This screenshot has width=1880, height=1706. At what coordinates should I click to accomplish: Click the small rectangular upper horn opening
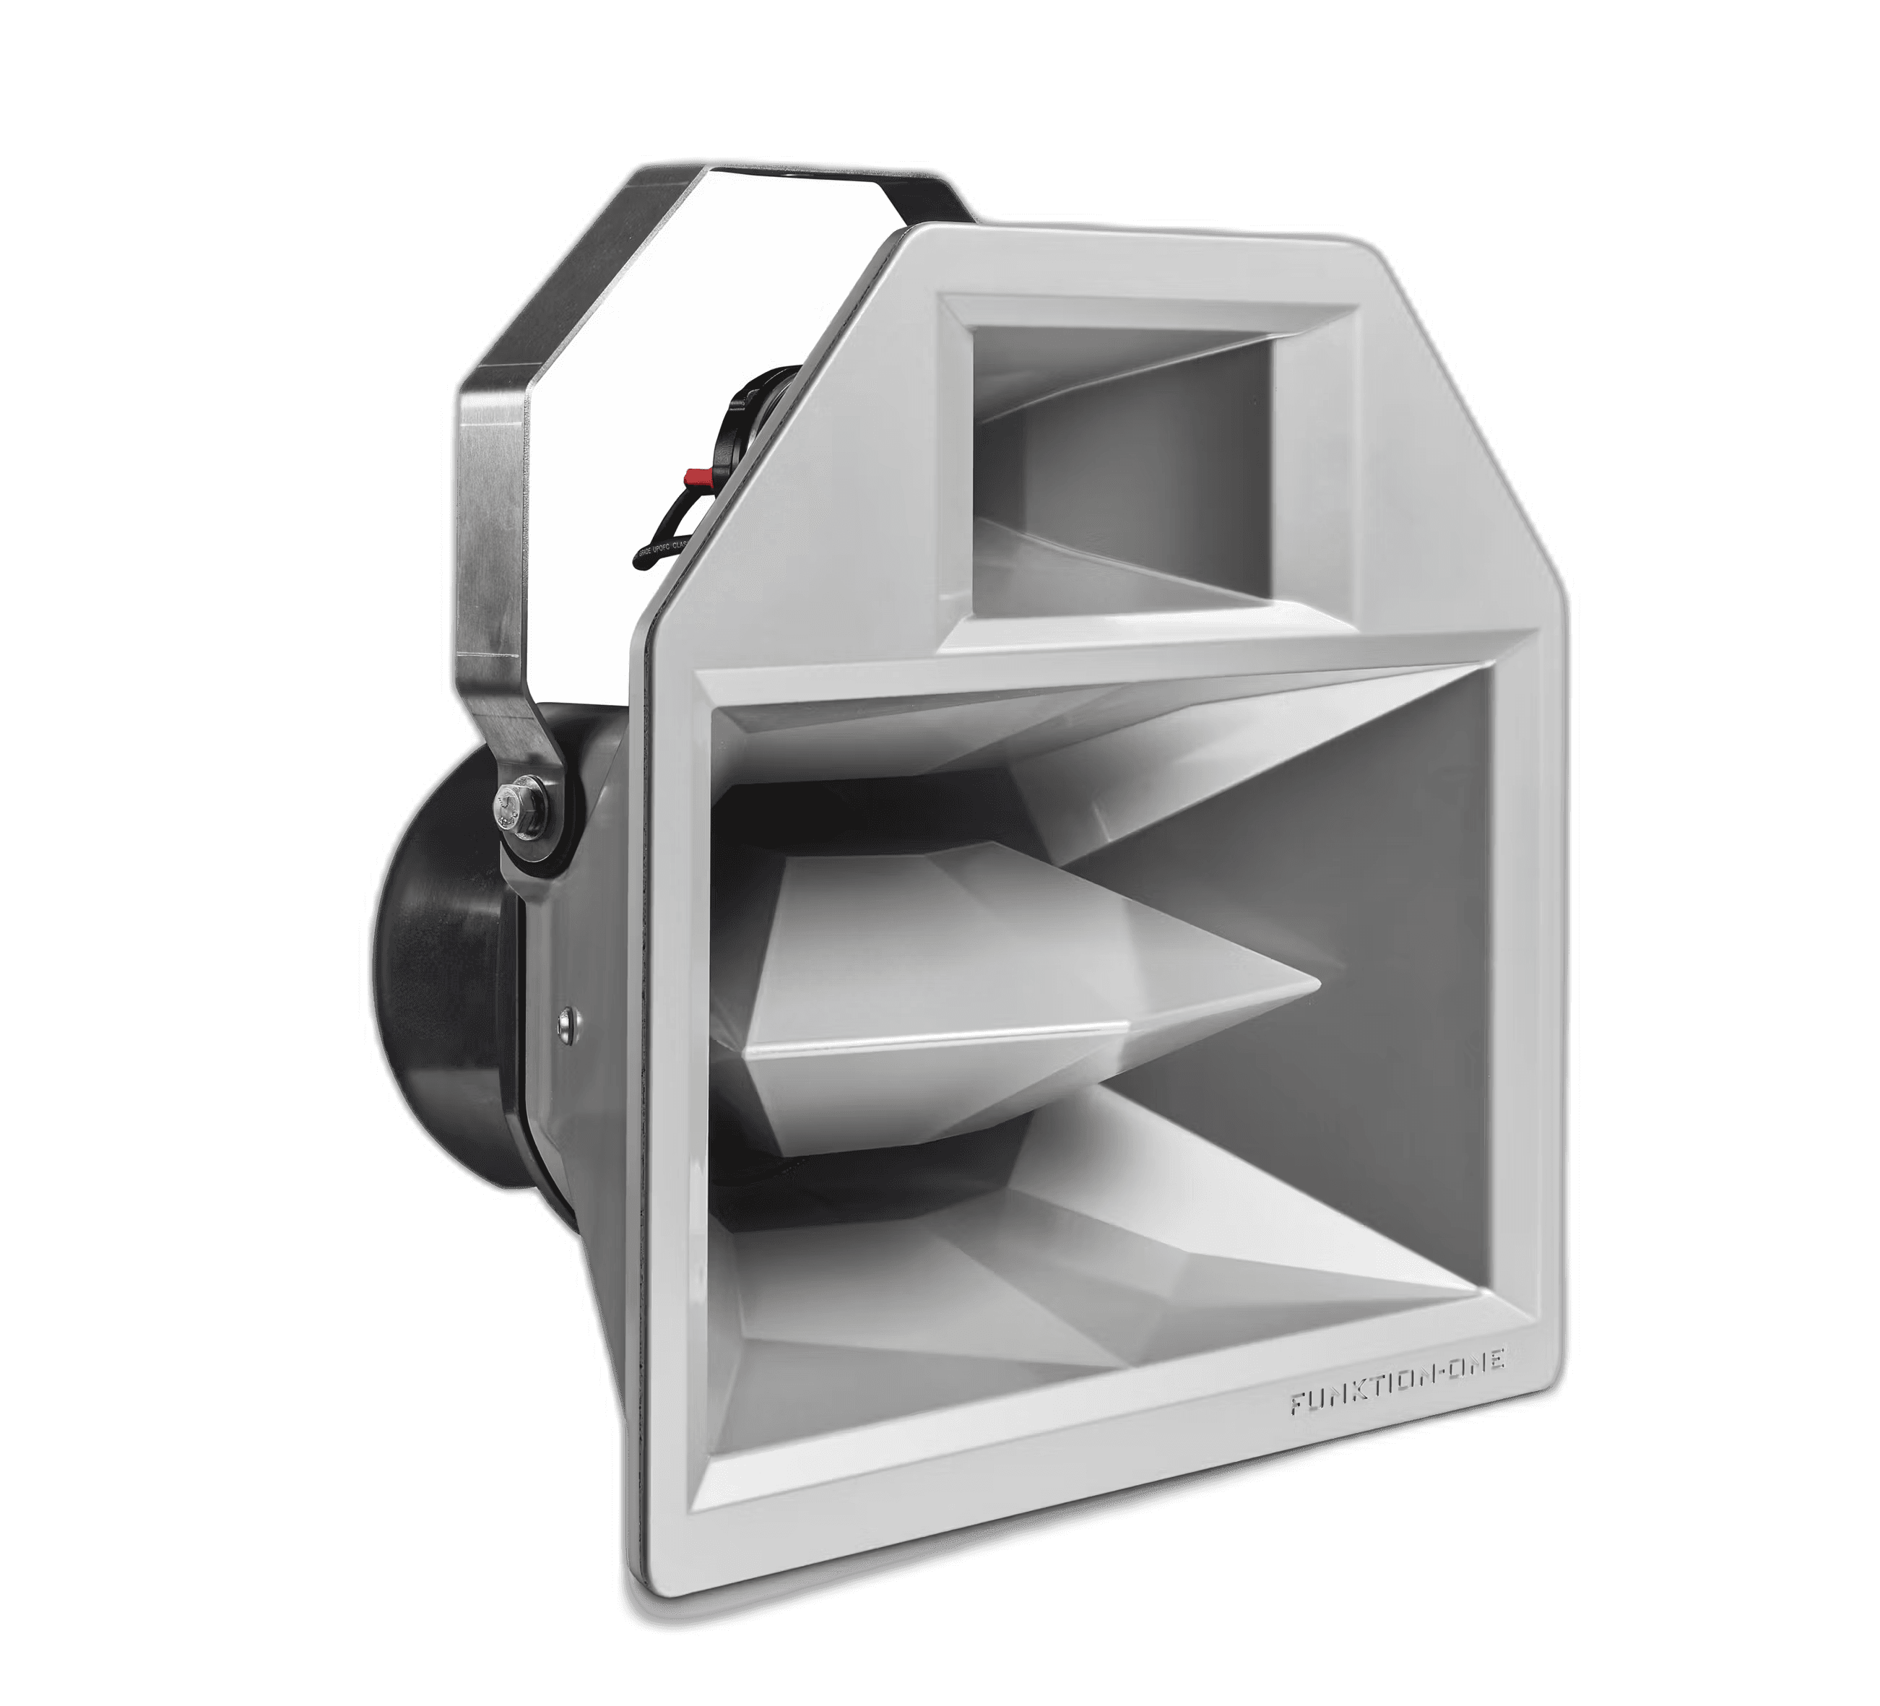1119,467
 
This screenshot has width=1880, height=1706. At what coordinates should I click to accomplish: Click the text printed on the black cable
664,550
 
